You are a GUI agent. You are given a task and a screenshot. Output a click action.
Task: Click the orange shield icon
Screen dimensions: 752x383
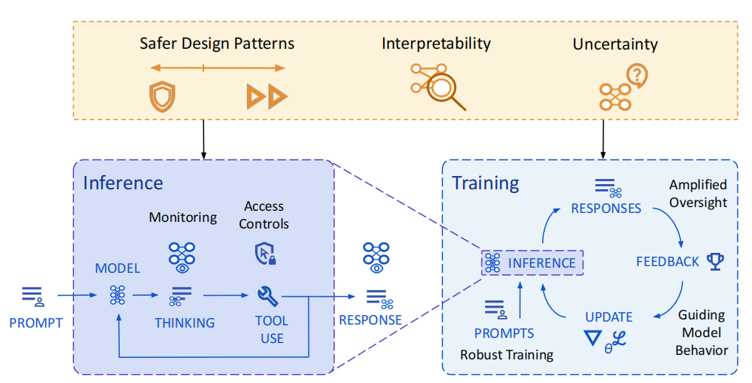162,96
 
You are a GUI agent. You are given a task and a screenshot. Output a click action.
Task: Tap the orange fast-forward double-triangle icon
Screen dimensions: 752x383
267,96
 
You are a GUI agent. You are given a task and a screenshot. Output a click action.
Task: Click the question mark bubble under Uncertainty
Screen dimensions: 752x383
637,75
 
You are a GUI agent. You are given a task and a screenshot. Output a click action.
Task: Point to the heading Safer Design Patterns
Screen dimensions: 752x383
217,44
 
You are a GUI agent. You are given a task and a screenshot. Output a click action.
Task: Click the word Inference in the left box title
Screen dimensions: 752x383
123,183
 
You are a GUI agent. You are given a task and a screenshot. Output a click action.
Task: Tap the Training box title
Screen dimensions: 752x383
485,183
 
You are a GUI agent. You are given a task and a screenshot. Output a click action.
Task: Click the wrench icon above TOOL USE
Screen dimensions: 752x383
268,296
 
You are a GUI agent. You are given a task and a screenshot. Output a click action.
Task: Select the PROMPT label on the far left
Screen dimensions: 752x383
36,323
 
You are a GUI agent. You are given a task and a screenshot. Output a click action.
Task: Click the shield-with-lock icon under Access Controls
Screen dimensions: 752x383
265,254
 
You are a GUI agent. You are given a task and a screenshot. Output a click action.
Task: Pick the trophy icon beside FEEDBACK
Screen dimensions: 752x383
716,261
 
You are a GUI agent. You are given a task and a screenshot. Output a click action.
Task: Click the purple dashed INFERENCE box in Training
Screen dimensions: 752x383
532,262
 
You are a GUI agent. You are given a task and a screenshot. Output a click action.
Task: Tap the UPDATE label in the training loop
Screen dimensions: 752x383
609,317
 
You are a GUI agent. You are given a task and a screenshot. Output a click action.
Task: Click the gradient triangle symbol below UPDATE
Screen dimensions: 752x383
593,338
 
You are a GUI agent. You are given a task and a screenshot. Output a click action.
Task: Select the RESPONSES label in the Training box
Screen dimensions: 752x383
606,209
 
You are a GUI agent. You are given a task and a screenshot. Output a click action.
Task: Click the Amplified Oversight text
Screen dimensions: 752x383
698,194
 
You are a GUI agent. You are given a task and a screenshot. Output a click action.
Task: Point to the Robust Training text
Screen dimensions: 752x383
507,355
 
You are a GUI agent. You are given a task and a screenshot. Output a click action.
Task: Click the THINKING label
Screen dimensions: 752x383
184,323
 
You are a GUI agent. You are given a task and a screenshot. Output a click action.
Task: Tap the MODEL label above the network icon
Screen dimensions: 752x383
118,268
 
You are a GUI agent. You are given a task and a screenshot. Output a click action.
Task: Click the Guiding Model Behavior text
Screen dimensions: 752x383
701,333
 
